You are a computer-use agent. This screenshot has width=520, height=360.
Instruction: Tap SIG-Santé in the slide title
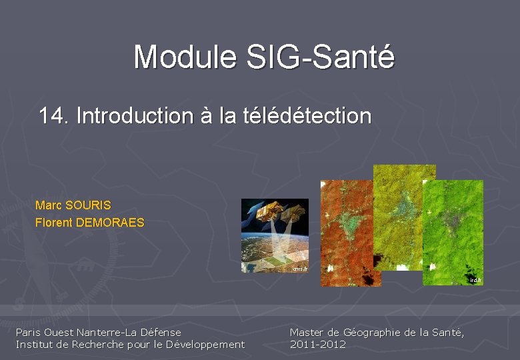pyautogui.click(x=320, y=57)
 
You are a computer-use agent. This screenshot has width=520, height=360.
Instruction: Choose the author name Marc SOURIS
pyautogui.click(x=73, y=205)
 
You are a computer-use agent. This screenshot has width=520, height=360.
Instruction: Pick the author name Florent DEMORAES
pyautogui.click(x=89, y=223)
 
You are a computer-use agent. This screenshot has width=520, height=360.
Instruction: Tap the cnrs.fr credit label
pyautogui.click(x=299, y=269)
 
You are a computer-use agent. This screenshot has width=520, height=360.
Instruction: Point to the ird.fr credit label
pyautogui.click(x=474, y=281)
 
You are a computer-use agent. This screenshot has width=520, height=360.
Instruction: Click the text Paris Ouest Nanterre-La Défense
pyautogui.click(x=99, y=332)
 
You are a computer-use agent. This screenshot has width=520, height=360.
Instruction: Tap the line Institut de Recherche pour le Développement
pyautogui.click(x=130, y=344)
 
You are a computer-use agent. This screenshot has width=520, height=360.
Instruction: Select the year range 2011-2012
pyautogui.click(x=318, y=344)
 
